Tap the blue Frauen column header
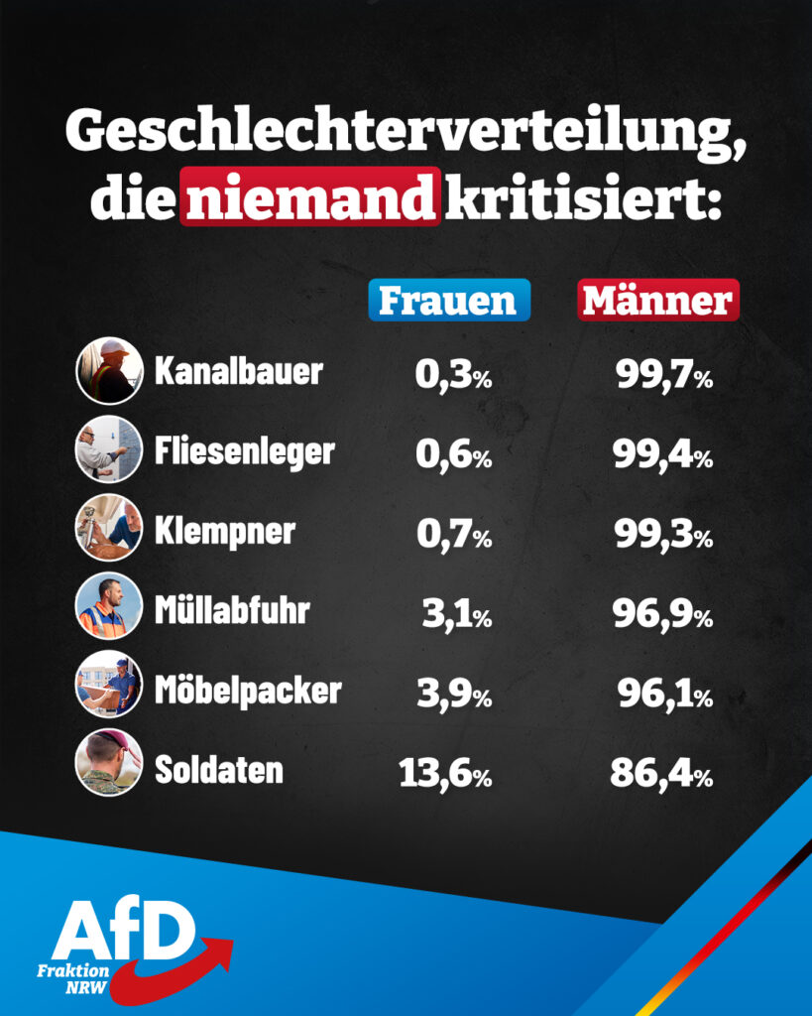[448, 301]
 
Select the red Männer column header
[658, 301]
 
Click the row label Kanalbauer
[239, 371]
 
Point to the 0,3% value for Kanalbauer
[453, 376]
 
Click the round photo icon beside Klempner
[109, 528]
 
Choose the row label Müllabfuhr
[232, 609]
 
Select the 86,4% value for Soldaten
[661, 773]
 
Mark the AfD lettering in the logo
[123, 929]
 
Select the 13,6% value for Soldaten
[445, 773]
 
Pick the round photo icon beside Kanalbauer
[109, 370]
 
